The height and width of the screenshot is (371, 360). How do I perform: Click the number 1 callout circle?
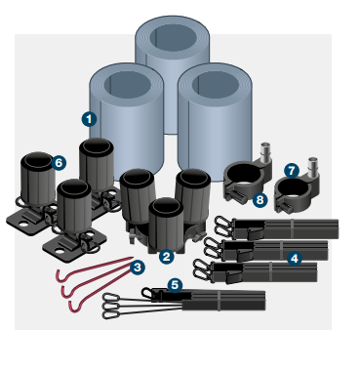89,118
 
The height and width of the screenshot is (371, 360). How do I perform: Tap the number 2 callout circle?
166,257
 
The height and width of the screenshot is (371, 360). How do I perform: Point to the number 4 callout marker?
295,257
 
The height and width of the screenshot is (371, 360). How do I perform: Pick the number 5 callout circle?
175,284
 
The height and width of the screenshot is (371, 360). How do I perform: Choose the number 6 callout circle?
59,162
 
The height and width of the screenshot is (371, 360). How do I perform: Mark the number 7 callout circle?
292,169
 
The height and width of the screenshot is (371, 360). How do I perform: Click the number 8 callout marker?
259,200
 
